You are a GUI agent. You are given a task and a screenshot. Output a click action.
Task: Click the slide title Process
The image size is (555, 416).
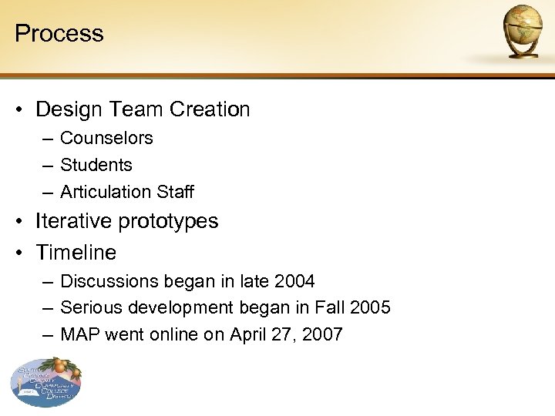(59, 33)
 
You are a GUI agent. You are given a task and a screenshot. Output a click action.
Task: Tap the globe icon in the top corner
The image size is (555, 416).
(523, 30)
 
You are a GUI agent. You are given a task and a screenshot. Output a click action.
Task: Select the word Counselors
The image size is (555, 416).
(106, 138)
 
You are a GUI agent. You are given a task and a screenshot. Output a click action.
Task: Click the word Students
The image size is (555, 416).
(96, 165)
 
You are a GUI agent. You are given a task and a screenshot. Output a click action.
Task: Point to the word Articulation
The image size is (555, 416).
(106, 192)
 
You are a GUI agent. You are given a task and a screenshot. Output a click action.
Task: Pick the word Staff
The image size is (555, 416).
(175, 192)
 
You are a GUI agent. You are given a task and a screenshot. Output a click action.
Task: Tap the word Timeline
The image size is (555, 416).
(76, 252)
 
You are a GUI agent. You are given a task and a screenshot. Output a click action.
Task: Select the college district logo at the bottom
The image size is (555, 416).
(46, 381)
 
